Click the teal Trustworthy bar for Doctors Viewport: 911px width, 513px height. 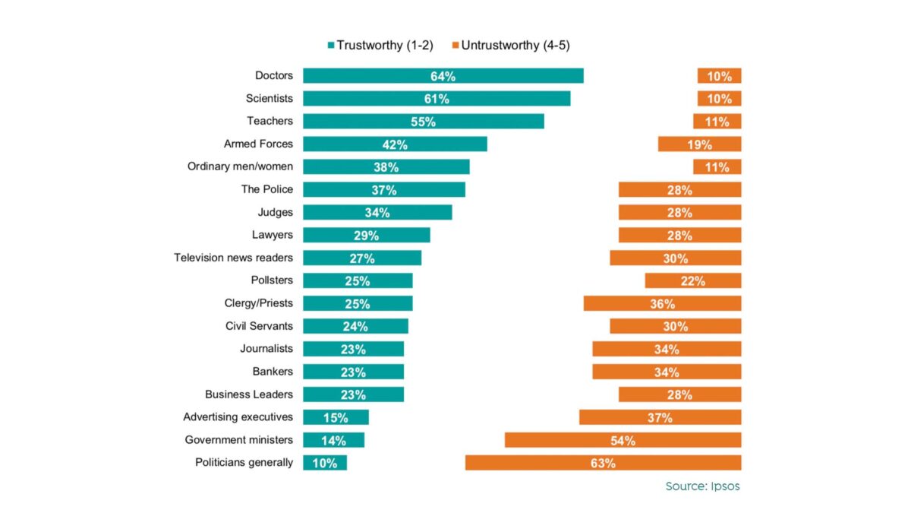click(443, 76)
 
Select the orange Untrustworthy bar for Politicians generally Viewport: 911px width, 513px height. click(603, 463)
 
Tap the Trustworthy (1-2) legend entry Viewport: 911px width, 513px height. click(380, 46)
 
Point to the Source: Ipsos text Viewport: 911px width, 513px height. click(702, 486)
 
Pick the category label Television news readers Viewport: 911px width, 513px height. click(233, 258)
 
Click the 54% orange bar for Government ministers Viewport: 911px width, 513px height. click(623, 440)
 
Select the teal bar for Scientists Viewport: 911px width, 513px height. click(437, 99)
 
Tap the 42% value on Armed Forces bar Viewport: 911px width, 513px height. click(395, 144)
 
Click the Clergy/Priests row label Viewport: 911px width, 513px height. click(258, 303)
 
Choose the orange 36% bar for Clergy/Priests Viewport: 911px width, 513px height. click(662, 303)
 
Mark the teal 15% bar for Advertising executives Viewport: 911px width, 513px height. click(336, 417)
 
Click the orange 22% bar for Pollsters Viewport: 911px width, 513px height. click(692, 280)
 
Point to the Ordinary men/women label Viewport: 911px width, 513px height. click(240, 166)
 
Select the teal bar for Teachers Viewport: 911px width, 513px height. click(423, 122)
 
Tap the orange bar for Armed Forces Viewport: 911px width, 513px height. click(699, 144)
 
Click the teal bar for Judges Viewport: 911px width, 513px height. click(377, 212)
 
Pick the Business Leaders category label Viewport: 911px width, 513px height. click(248, 394)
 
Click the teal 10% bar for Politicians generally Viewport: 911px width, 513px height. click(325, 463)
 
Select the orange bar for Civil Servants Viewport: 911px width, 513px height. click(675, 326)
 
